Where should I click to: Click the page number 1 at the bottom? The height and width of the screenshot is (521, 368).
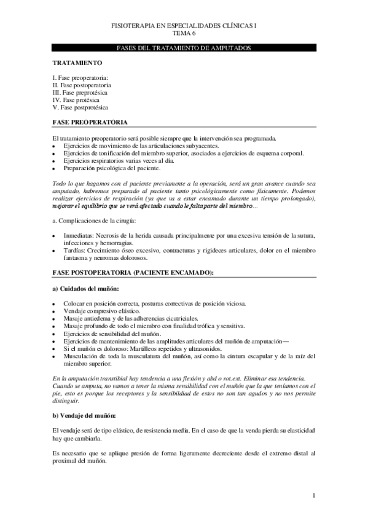(x=314, y=495)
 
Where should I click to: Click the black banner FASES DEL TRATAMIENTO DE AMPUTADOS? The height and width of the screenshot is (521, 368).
(x=184, y=48)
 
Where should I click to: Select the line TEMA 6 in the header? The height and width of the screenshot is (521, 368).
(x=184, y=34)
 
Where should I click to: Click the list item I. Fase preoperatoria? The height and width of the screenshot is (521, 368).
(x=80, y=78)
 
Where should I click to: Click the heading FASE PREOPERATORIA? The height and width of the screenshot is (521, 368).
(x=90, y=123)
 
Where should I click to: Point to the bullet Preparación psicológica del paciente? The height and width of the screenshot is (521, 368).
(x=112, y=167)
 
